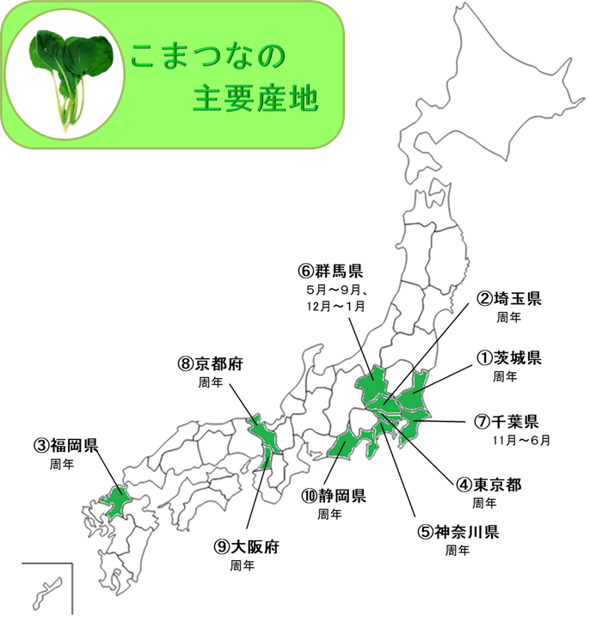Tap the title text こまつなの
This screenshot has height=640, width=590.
click(206, 57)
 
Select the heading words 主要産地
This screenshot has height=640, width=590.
click(255, 101)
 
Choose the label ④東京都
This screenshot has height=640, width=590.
click(489, 485)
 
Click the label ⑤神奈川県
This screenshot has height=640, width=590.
click(458, 531)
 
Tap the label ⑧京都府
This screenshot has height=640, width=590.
click(211, 363)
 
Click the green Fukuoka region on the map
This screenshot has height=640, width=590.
click(115, 500)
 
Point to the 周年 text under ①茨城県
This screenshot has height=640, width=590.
click(506, 376)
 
